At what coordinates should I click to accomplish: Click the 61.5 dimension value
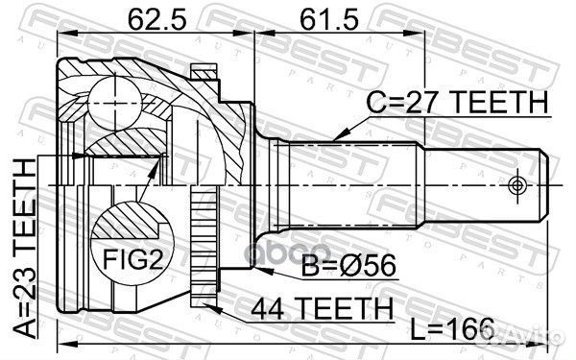(316, 17)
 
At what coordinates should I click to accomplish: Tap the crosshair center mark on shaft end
(519, 183)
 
